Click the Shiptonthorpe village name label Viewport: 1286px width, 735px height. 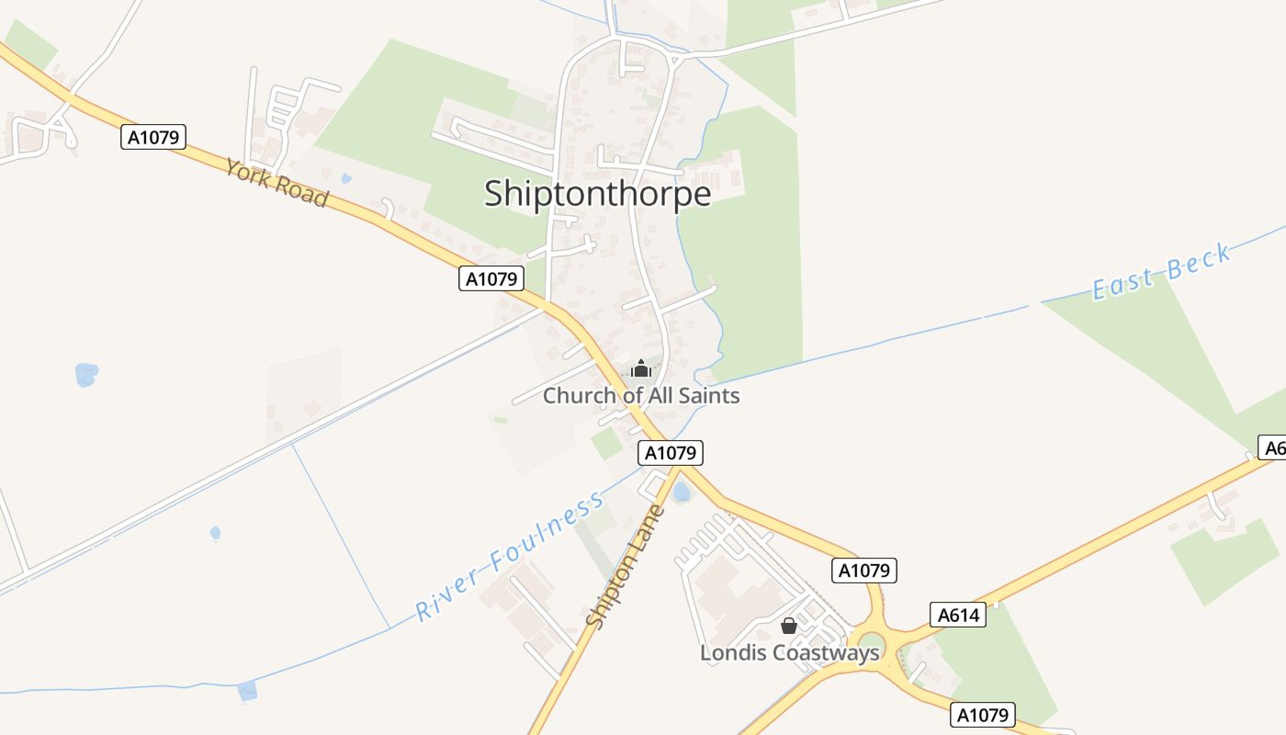coord(597,194)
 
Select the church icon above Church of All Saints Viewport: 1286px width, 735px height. coord(640,368)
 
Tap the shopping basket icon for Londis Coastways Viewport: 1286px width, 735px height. coord(788,626)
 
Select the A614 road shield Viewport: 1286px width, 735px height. coord(957,615)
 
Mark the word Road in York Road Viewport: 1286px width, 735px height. coord(303,193)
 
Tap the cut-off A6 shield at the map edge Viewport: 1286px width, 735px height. coord(1272,448)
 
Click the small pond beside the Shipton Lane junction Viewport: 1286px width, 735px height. coord(681,493)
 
